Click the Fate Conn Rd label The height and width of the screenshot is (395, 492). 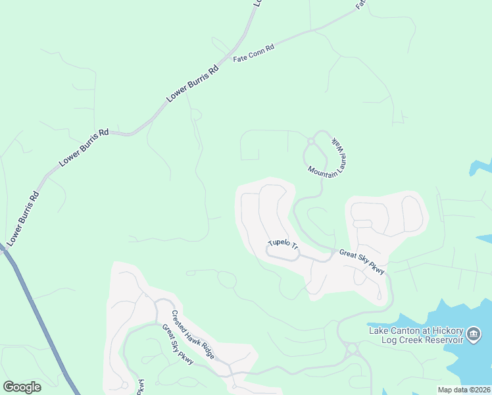pyautogui.click(x=253, y=53)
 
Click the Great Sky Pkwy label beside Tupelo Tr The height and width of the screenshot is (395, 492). pyautogui.click(x=362, y=261)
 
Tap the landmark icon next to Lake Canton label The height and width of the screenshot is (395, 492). pyautogui.click(x=473, y=334)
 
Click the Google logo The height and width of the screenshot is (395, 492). pyautogui.click(x=22, y=386)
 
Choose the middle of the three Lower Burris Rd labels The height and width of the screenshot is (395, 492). pyautogui.click(x=84, y=147)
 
